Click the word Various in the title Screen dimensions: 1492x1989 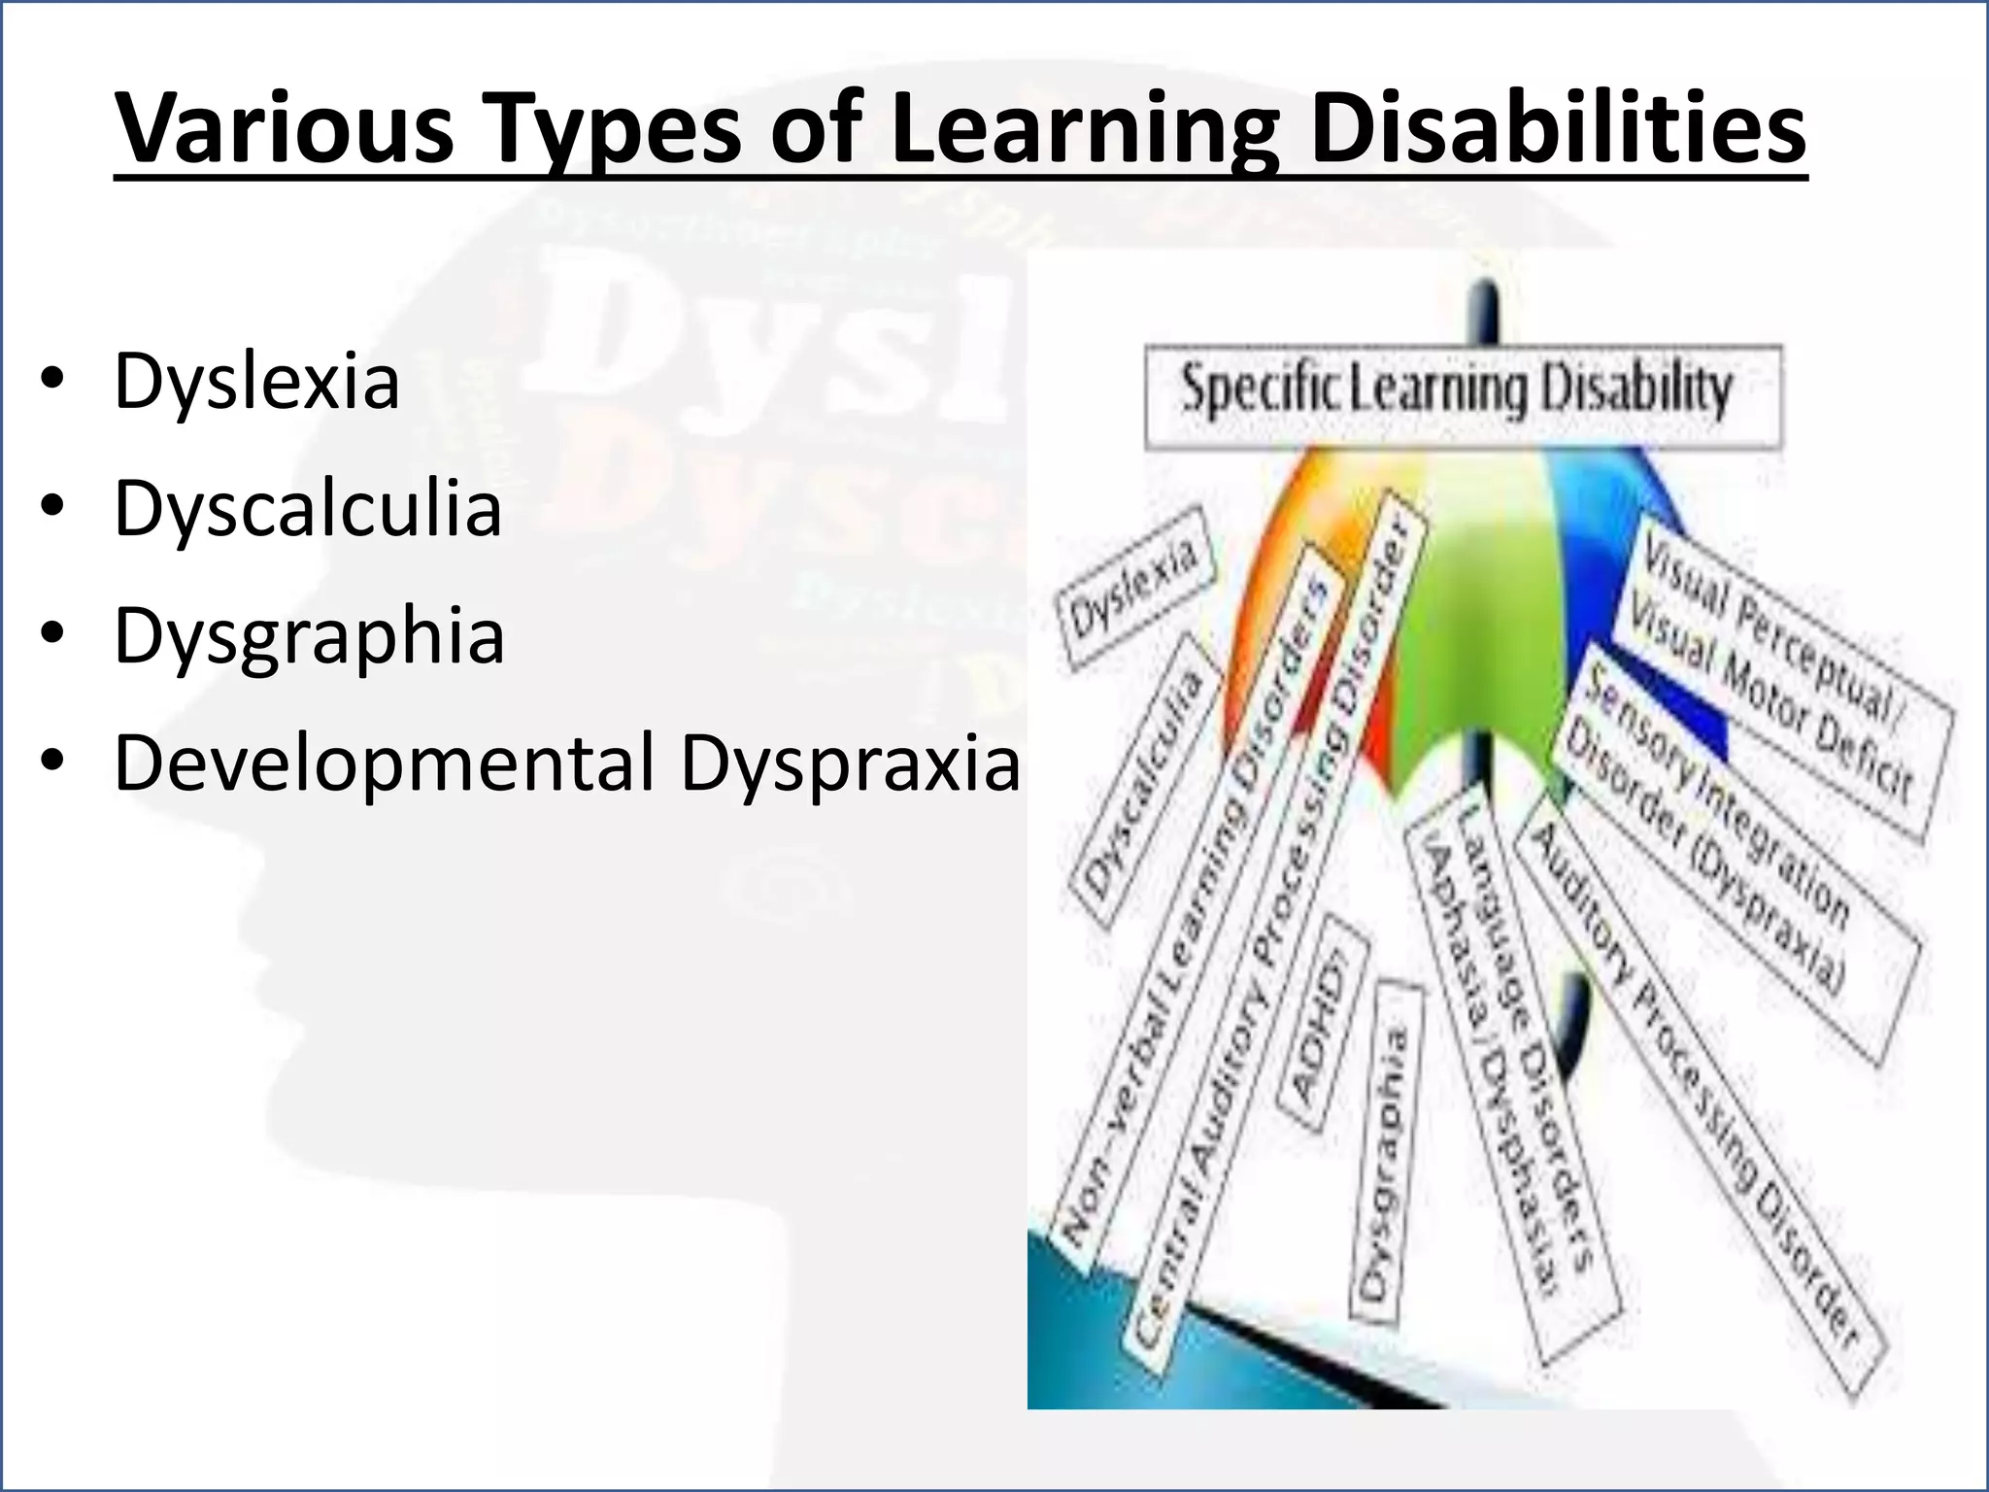[284, 129]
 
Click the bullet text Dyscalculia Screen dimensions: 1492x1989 [308, 509]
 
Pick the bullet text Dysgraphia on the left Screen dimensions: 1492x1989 [309, 636]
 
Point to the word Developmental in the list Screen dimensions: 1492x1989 [385, 763]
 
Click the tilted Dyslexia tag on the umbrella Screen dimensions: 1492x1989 [1133, 589]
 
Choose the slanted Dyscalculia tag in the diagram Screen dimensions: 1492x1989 [1143, 783]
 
